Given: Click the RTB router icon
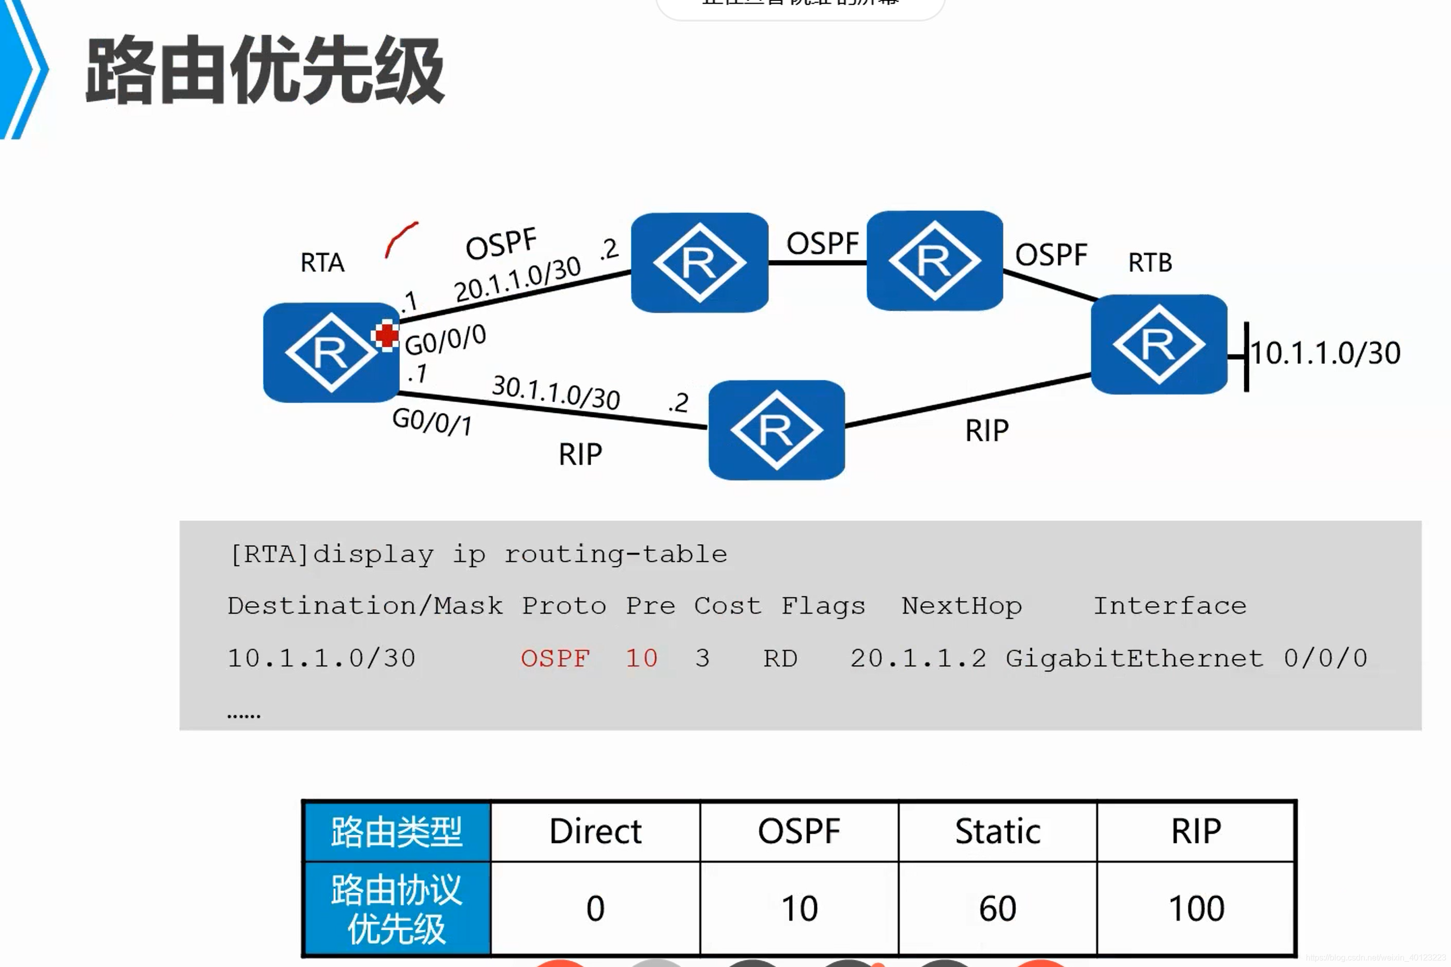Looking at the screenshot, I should pyautogui.click(x=1159, y=344).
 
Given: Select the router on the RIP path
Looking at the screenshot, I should pyautogui.click(x=776, y=430).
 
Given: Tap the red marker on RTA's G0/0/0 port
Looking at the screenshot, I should pyautogui.click(x=387, y=335).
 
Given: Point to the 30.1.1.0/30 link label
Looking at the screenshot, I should pyautogui.click(x=555, y=392).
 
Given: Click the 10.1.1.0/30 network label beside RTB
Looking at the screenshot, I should pyautogui.click(x=1325, y=354).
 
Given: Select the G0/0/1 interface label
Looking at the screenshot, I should pyautogui.click(x=432, y=422).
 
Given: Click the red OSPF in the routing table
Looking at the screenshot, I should pyautogui.click(x=555, y=658).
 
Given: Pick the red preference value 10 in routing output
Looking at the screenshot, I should pyautogui.click(x=642, y=658).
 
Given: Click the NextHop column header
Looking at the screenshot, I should pyautogui.click(x=962, y=606).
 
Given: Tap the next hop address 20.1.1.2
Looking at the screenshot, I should pyautogui.click(x=918, y=658).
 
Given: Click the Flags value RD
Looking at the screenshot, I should pyautogui.click(x=780, y=658).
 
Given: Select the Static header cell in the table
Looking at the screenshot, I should pyautogui.click(x=997, y=831).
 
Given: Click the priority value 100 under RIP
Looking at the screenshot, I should pyautogui.click(x=1196, y=909).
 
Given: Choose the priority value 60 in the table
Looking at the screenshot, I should pyautogui.click(x=997, y=909).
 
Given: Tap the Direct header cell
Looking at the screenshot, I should pyautogui.click(x=595, y=831).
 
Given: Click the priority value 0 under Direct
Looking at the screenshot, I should pyautogui.click(x=595, y=909).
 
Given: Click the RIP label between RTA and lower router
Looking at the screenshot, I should pyautogui.click(x=580, y=454).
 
